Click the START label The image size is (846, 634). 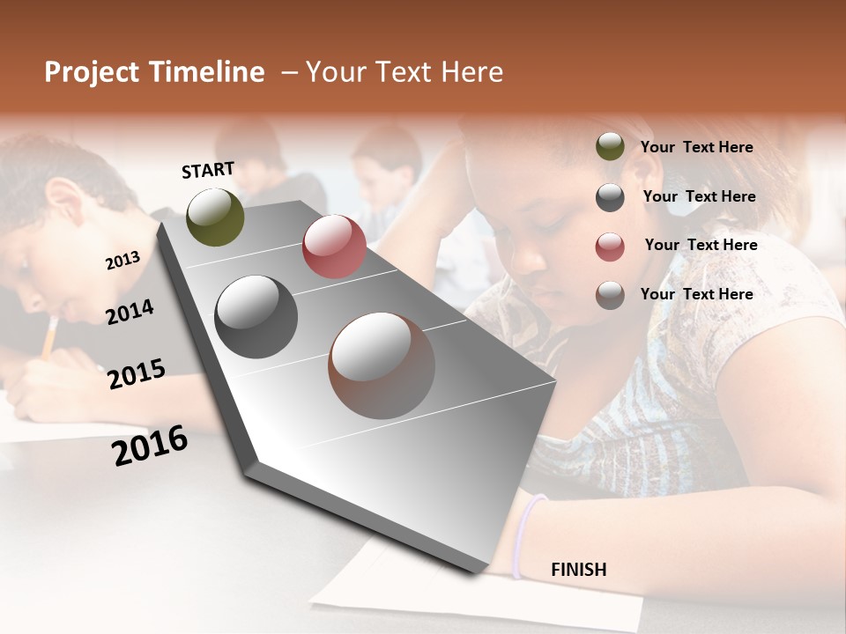(208, 170)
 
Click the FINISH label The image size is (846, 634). (578, 570)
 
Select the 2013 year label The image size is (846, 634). (122, 261)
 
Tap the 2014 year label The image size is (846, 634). (130, 312)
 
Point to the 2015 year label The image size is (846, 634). (137, 374)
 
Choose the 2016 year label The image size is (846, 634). (150, 445)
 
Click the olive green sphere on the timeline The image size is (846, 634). (215, 217)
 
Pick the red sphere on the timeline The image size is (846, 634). (334, 247)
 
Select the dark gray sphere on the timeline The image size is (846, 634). (256, 316)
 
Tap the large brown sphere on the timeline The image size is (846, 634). (382, 365)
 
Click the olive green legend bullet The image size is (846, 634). (610, 147)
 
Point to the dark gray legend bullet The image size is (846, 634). (610, 197)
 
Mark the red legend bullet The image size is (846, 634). (610, 247)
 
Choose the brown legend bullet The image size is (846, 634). (610, 295)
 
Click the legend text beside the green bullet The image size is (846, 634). (696, 147)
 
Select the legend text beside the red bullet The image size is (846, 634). (701, 245)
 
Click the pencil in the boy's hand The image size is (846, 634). (49, 337)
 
